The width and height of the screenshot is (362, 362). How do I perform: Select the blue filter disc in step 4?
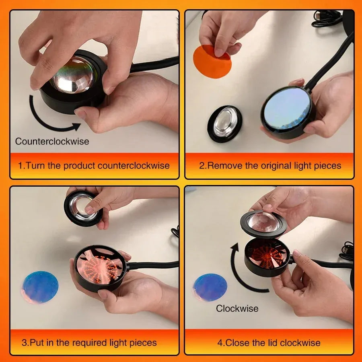[x=210, y=287]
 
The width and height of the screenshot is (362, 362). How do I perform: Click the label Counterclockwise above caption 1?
[x=52, y=142]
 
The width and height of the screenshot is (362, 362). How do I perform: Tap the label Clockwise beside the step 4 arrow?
[x=237, y=309]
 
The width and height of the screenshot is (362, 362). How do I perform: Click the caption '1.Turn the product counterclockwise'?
[x=94, y=165]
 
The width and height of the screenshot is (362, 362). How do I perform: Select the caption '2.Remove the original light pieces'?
[x=270, y=165]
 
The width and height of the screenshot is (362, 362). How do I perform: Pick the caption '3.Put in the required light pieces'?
[x=89, y=343]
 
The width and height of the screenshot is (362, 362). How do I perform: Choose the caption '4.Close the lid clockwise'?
[x=269, y=343]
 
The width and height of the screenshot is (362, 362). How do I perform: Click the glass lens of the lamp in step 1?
[x=72, y=74]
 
